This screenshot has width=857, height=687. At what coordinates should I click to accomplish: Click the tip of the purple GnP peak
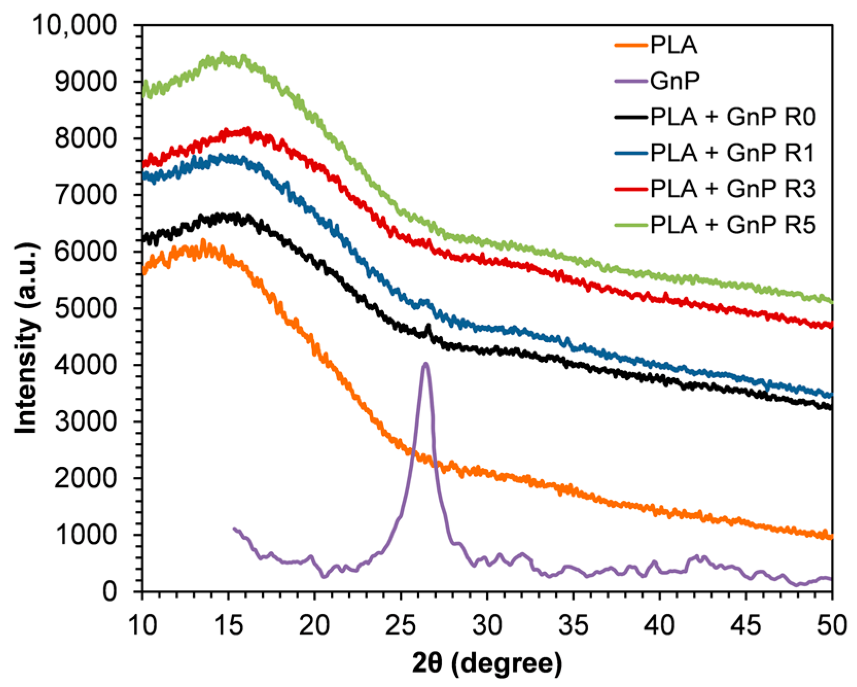[425, 363]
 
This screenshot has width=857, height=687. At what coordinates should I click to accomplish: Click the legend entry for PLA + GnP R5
[733, 225]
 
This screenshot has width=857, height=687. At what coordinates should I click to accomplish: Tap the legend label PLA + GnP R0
[733, 117]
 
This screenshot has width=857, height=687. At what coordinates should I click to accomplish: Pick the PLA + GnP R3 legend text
[733, 189]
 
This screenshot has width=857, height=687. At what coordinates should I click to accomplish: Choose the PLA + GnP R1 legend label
[733, 153]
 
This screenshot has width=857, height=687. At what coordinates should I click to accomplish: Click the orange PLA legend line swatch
[631, 45]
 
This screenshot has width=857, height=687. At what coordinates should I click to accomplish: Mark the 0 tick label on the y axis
[109, 592]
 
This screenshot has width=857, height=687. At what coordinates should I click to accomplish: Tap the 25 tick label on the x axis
[400, 626]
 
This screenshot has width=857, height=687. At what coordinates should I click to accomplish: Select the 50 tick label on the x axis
[832, 626]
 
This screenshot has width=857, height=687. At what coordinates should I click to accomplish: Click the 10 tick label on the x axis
[142, 626]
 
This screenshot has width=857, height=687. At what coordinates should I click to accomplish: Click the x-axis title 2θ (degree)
[487, 663]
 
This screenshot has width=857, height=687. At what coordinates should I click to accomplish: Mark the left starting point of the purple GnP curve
[234, 529]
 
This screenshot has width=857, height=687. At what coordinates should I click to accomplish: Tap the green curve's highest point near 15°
[222, 54]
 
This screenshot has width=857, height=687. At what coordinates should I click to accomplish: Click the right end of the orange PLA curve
[831, 537]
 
